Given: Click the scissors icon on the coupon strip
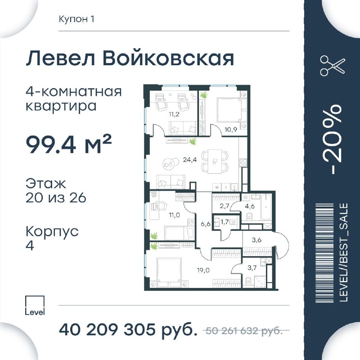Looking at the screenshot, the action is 333,65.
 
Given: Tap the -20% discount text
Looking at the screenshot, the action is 335,139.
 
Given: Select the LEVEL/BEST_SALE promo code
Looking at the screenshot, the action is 344,252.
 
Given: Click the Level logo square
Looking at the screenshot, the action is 35,305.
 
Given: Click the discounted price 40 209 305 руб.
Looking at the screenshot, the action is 128,330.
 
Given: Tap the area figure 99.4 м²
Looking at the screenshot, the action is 69,144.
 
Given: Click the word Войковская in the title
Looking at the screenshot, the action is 168,58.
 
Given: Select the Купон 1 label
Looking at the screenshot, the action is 76,19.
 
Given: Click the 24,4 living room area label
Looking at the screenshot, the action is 189,160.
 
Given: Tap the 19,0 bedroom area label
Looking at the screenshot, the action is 203,270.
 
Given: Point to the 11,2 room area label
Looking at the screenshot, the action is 174,114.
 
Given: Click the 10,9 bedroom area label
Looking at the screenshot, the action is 230,129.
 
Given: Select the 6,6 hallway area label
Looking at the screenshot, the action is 206,224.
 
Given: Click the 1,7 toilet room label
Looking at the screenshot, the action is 225,222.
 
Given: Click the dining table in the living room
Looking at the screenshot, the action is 215,162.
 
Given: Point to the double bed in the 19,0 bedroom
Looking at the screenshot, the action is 169,272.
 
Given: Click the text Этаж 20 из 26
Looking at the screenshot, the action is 56,190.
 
